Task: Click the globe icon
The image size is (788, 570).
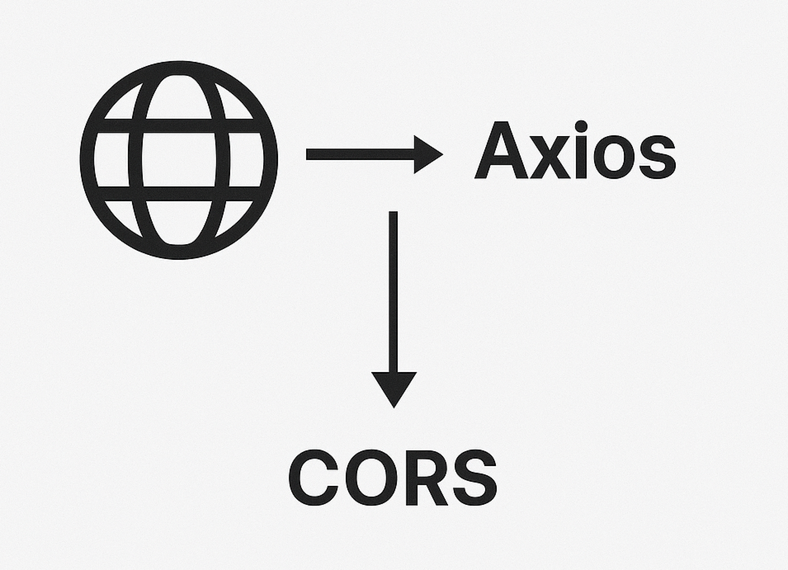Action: pyautogui.click(x=179, y=160)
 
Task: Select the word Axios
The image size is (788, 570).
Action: pyautogui.click(x=575, y=151)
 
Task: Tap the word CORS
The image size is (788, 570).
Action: pyautogui.click(x=392, y=477)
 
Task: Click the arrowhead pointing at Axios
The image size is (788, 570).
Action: pyautogui.click(x=427, y=155)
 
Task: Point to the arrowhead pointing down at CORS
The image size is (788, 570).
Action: pyautogui.click(x=394, y=388)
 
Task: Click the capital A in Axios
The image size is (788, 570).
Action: pyautogui.click(x=501, y=151)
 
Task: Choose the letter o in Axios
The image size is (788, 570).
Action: pyautogui.click(x=613, y=158)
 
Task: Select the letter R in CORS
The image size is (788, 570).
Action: pyautogui.click(x=426, y=477)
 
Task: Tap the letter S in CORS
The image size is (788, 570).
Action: pyautogui.click(x=475, y=477)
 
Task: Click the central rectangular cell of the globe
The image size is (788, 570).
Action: pyautogui.click(x=179, y=160)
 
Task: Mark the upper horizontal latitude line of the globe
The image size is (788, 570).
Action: pyautogui.click(x=179, y=125)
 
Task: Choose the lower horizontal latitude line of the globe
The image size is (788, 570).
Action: pyautogui.click(x=179, y=194)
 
